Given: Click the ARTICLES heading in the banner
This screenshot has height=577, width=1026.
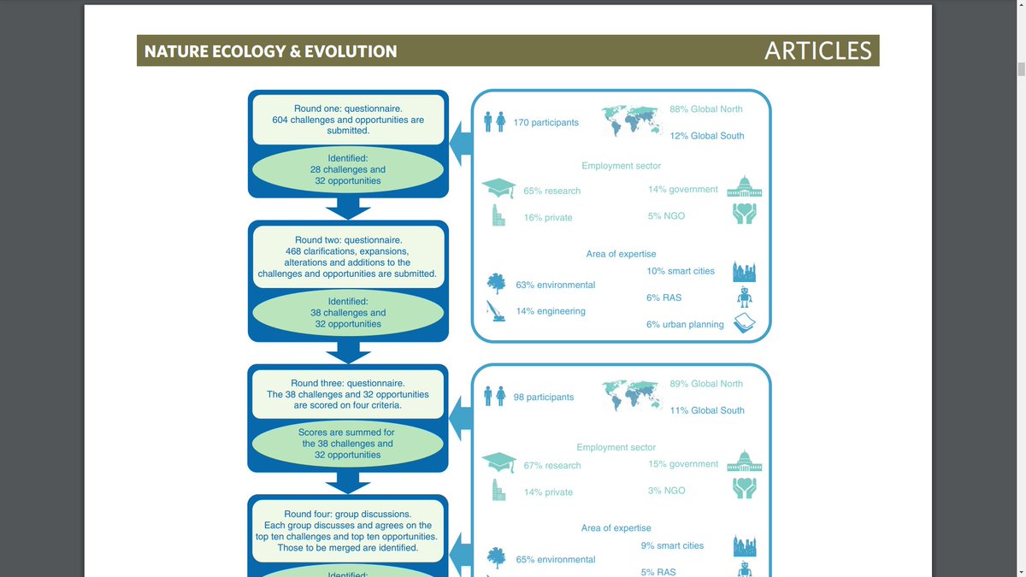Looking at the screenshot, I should (x=817, y=50).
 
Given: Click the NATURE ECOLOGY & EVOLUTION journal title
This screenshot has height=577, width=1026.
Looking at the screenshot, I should (x=270, y=51).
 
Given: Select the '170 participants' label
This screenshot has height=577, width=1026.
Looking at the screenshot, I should (x=545, y=122).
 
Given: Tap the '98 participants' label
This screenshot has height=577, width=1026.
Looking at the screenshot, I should (x=543, y=397).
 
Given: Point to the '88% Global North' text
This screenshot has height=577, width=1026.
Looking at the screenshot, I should (x=705, y=109).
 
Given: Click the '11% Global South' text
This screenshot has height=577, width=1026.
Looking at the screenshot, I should (x=706, y=410).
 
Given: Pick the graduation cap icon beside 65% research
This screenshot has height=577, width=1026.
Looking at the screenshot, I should (x=498, y=189).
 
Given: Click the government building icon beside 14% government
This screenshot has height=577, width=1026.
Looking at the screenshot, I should (x=744, y=189).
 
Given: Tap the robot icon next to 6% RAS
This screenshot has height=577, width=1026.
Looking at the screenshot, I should (x=745, y=297).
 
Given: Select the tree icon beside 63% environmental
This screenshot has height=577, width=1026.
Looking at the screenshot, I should (x=495, y=283).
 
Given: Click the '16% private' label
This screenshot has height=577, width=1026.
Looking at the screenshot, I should (x=547, y=218).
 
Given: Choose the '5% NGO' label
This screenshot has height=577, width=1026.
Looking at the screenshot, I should (x=666, y=216).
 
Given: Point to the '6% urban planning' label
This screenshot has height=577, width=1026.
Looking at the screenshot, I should (x=685, y=325).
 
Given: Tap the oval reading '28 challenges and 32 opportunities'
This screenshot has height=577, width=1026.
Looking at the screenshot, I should (x=348, y=169).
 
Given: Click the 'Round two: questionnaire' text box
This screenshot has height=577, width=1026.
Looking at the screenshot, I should (x=347, y=257).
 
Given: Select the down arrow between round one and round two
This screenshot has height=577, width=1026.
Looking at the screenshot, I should (x=348, y=209).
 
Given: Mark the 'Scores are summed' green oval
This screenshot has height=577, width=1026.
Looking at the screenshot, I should (x=347, y=444).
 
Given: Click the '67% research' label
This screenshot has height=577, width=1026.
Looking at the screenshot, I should (x=551, y=466).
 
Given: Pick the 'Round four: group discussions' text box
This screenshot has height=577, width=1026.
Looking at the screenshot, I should (x=347, y=531).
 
